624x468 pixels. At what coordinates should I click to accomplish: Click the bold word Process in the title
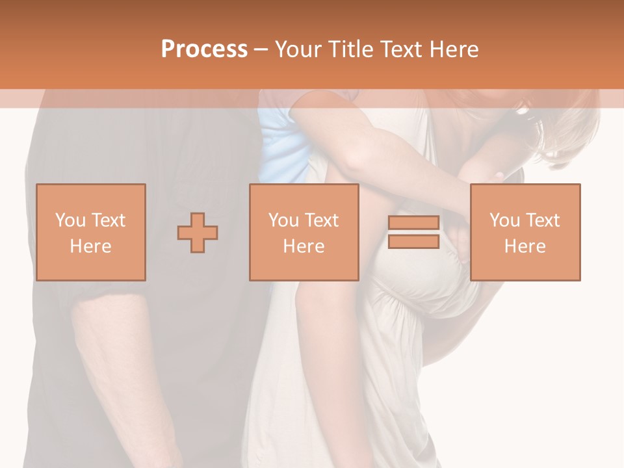tap(204, 49)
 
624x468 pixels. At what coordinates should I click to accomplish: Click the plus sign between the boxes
tap(198, 233)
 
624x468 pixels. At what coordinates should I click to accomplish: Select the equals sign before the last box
tap(413, 233)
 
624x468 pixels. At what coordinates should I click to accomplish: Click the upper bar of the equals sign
tap(413, 223)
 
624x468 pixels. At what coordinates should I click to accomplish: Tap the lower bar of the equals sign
tap(413, 242)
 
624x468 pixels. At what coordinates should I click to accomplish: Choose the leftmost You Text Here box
tap(90, 232)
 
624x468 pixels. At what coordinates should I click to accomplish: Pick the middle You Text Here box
tap(304, 232)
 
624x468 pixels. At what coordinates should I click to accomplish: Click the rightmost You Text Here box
tap(525, 232)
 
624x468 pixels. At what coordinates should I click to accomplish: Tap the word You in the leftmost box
tap(69, 220)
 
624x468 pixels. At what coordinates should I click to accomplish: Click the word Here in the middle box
tap(304, 246)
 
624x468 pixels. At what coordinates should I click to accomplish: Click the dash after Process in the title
tap(261, 49)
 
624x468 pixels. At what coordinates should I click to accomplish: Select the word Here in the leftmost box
tap(90, 246)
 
